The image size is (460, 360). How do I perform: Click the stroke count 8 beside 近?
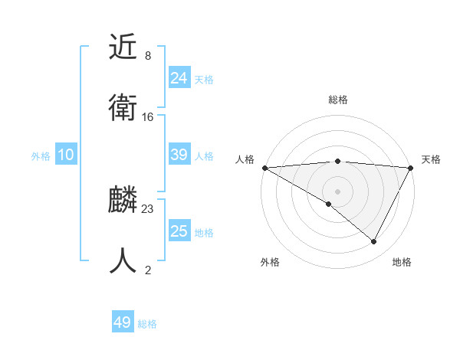[148, 56]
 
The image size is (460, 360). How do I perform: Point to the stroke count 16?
[148, 116]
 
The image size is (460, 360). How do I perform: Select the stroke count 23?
[148, 209]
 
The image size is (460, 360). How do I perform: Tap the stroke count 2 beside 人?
[148, 270]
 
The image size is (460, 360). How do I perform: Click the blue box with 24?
[179, 78]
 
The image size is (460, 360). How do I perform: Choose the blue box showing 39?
[179, 155]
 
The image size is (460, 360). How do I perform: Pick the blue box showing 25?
[179, 231]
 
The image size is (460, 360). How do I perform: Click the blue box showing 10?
[66, 155]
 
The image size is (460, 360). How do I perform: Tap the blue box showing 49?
[123, 322]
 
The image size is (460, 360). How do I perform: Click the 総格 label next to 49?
[147, 324]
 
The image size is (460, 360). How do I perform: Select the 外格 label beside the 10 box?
[41, 156]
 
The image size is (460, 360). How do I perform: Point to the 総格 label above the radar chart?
[337, 100]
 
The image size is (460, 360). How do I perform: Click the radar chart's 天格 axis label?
[431, 159]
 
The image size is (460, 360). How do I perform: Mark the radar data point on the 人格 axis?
[264, 168]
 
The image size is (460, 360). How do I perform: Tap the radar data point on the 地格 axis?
[374, 242]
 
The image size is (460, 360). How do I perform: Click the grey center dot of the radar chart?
[337, 191]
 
